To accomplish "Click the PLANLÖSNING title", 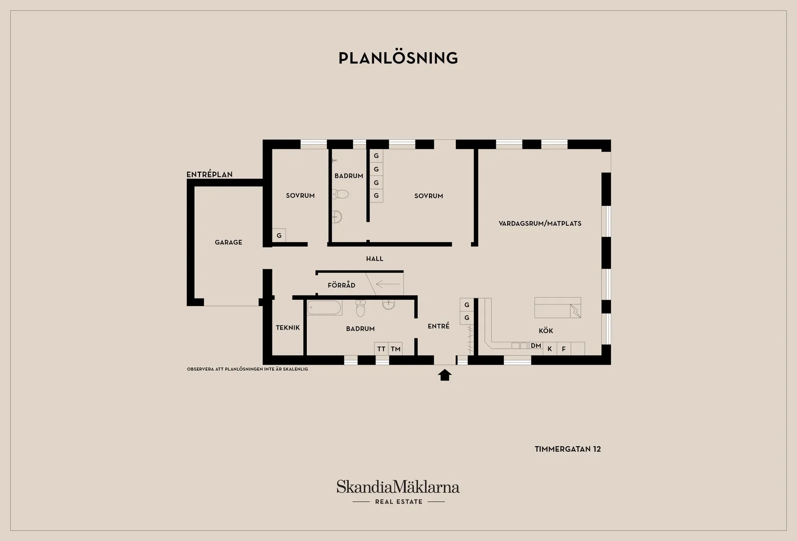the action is [398, 58].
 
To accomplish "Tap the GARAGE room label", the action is [228, 242].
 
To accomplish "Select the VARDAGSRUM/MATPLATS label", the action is [540, 223].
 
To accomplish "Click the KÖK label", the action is [546, 331].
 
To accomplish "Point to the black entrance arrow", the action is [444, 375].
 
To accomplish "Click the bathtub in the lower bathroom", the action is [325, 307].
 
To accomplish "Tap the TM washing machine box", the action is [395, 349].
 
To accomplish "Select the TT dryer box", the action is [382, 349].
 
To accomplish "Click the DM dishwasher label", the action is [536, 346].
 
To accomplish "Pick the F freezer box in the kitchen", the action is [564, 349].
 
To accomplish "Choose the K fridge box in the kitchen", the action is [550, 349].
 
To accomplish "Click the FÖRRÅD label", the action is [342, 285].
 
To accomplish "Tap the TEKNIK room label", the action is [288, 328].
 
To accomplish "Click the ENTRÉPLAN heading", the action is [210, 174].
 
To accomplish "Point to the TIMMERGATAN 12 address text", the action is [568, 449].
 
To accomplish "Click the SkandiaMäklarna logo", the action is [398, 492].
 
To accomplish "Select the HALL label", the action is [375, 259].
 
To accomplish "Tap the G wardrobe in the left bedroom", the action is [279, 235].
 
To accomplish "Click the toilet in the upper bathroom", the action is [341, 194].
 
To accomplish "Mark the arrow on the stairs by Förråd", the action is [387, 284].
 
